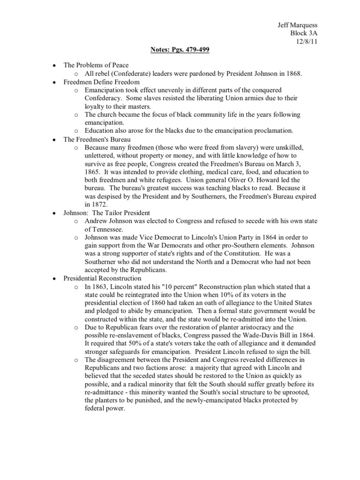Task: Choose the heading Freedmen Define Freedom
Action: (101, 82)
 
